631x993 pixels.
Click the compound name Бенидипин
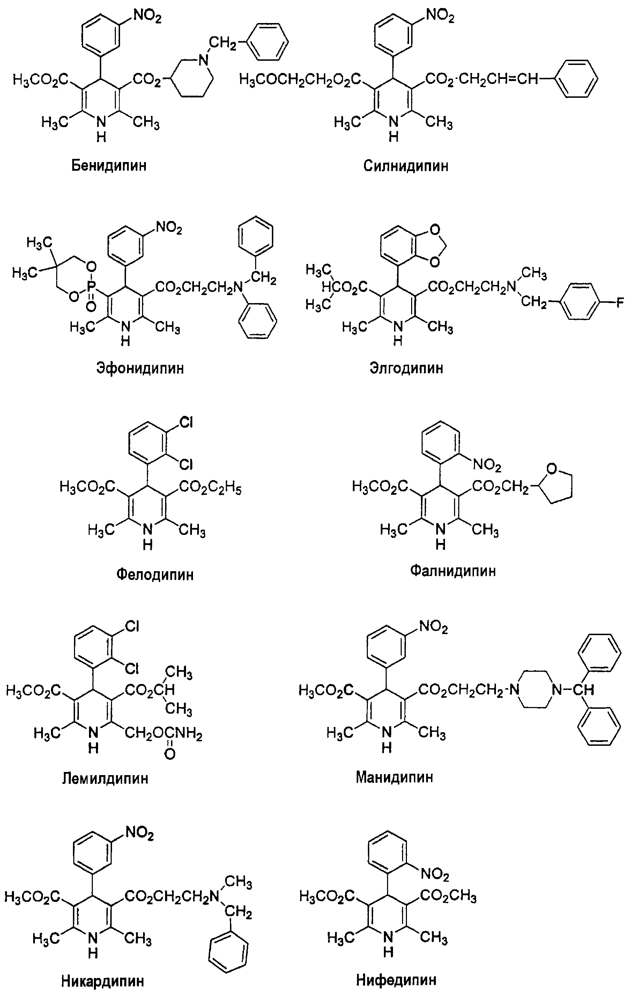coord(109,166)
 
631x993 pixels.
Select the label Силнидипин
coord(406,166)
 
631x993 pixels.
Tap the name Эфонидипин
coord(140,368)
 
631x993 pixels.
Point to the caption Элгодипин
coord(406,368)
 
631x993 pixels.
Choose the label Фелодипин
coord(155,574)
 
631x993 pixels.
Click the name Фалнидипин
coord(453,571)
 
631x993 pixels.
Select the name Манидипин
coord(394,777)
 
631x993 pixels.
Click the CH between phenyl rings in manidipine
coord(585,689)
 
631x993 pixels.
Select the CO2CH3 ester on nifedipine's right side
coord(448,896)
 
